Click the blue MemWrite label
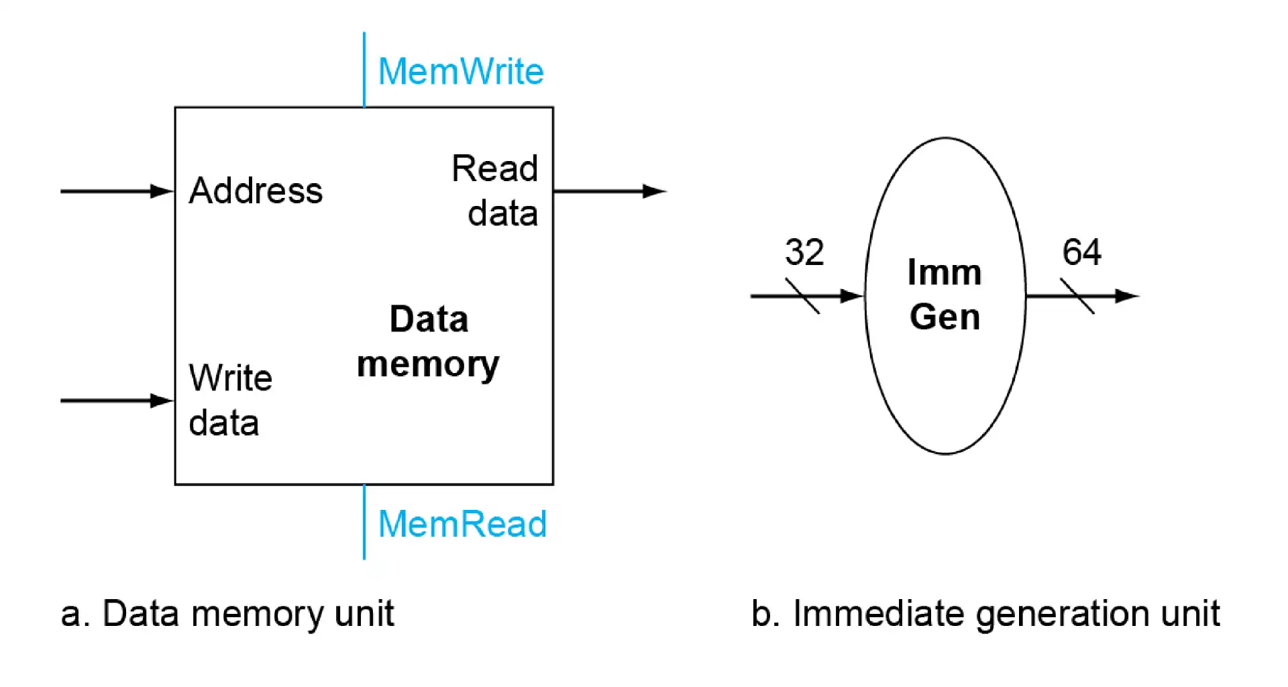[x=461, y=71]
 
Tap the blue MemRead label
[x=462, y=524]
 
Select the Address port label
[x=256, y=191]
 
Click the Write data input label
[x=229, y=401]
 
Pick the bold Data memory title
[x=428, y=342]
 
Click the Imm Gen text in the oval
[x=945, y=295]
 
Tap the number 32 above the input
[x=804, y=252]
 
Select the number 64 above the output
[x=1081, y=252]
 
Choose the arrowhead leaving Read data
[x=654, y=192]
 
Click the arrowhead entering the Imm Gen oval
[x=852, y=296]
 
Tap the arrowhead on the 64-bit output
[x=1127, y=296]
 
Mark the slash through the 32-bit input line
[x=802, y=296]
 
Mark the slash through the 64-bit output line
[x=1077, y=296]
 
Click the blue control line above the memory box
[x=364, y=69]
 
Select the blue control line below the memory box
[x=364, y=522]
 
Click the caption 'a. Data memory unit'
[x=227, y=614]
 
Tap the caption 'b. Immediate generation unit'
[x=985, y=614]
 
